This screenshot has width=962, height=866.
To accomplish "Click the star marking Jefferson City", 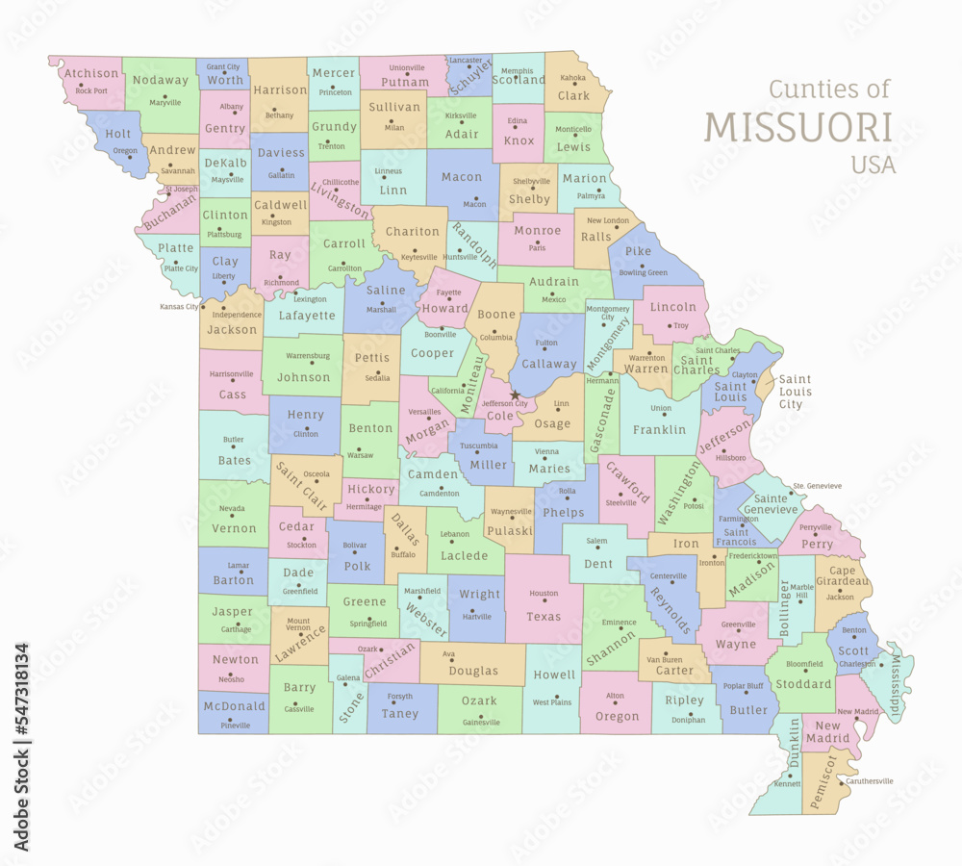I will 516,395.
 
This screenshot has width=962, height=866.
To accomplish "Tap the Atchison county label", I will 91,73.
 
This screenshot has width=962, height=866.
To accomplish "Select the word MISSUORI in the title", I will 798,127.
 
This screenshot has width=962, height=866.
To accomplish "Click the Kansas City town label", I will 179,306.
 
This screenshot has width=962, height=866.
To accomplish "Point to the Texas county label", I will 544,617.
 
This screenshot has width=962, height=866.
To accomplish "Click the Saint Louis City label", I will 795,392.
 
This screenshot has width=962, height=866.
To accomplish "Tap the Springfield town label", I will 367,624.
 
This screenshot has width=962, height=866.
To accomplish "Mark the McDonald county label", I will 233,706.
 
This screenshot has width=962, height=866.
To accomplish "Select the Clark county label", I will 573,96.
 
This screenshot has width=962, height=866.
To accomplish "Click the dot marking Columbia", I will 494,331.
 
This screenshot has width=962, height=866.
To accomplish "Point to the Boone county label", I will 496,315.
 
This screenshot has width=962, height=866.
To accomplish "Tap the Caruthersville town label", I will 871,781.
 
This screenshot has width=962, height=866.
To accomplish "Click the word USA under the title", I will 873,165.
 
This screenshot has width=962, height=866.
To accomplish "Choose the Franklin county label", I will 659,430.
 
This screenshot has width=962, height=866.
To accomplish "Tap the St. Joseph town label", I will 181,190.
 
